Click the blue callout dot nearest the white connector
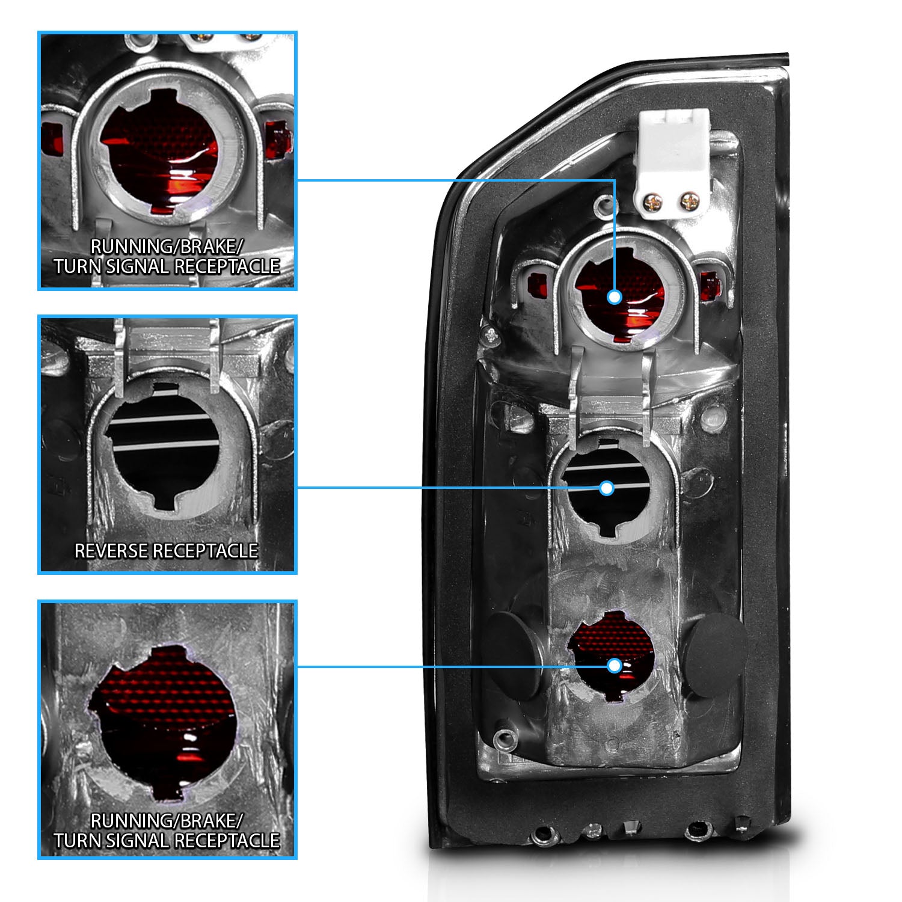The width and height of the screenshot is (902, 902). pos(614,296)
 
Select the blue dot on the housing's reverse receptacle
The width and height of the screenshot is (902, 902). pos(606,488)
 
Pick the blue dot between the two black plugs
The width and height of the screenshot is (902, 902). pos(614,666)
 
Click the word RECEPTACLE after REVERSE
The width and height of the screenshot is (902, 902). pos(204,551)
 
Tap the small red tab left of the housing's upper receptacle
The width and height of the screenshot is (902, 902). pos(533,284)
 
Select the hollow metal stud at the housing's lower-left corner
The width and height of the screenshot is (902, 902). pos(503,739)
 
